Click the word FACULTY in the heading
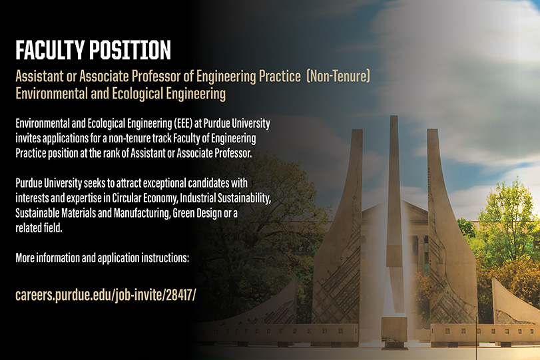(50, 51)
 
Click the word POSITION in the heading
(131, 51)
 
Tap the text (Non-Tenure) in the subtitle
(338, 77)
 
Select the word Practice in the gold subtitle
(280, 77)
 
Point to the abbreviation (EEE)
(183, 123)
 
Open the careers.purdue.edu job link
(106, 295)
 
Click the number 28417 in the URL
(179, 295)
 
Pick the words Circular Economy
(145, 198)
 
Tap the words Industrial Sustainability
(225, 198)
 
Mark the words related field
(39, 228)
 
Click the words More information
(47, 258)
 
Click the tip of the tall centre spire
(394, 116)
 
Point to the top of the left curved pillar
(357, 130)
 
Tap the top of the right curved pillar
(432, 130)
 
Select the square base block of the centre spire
(394, 329)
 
